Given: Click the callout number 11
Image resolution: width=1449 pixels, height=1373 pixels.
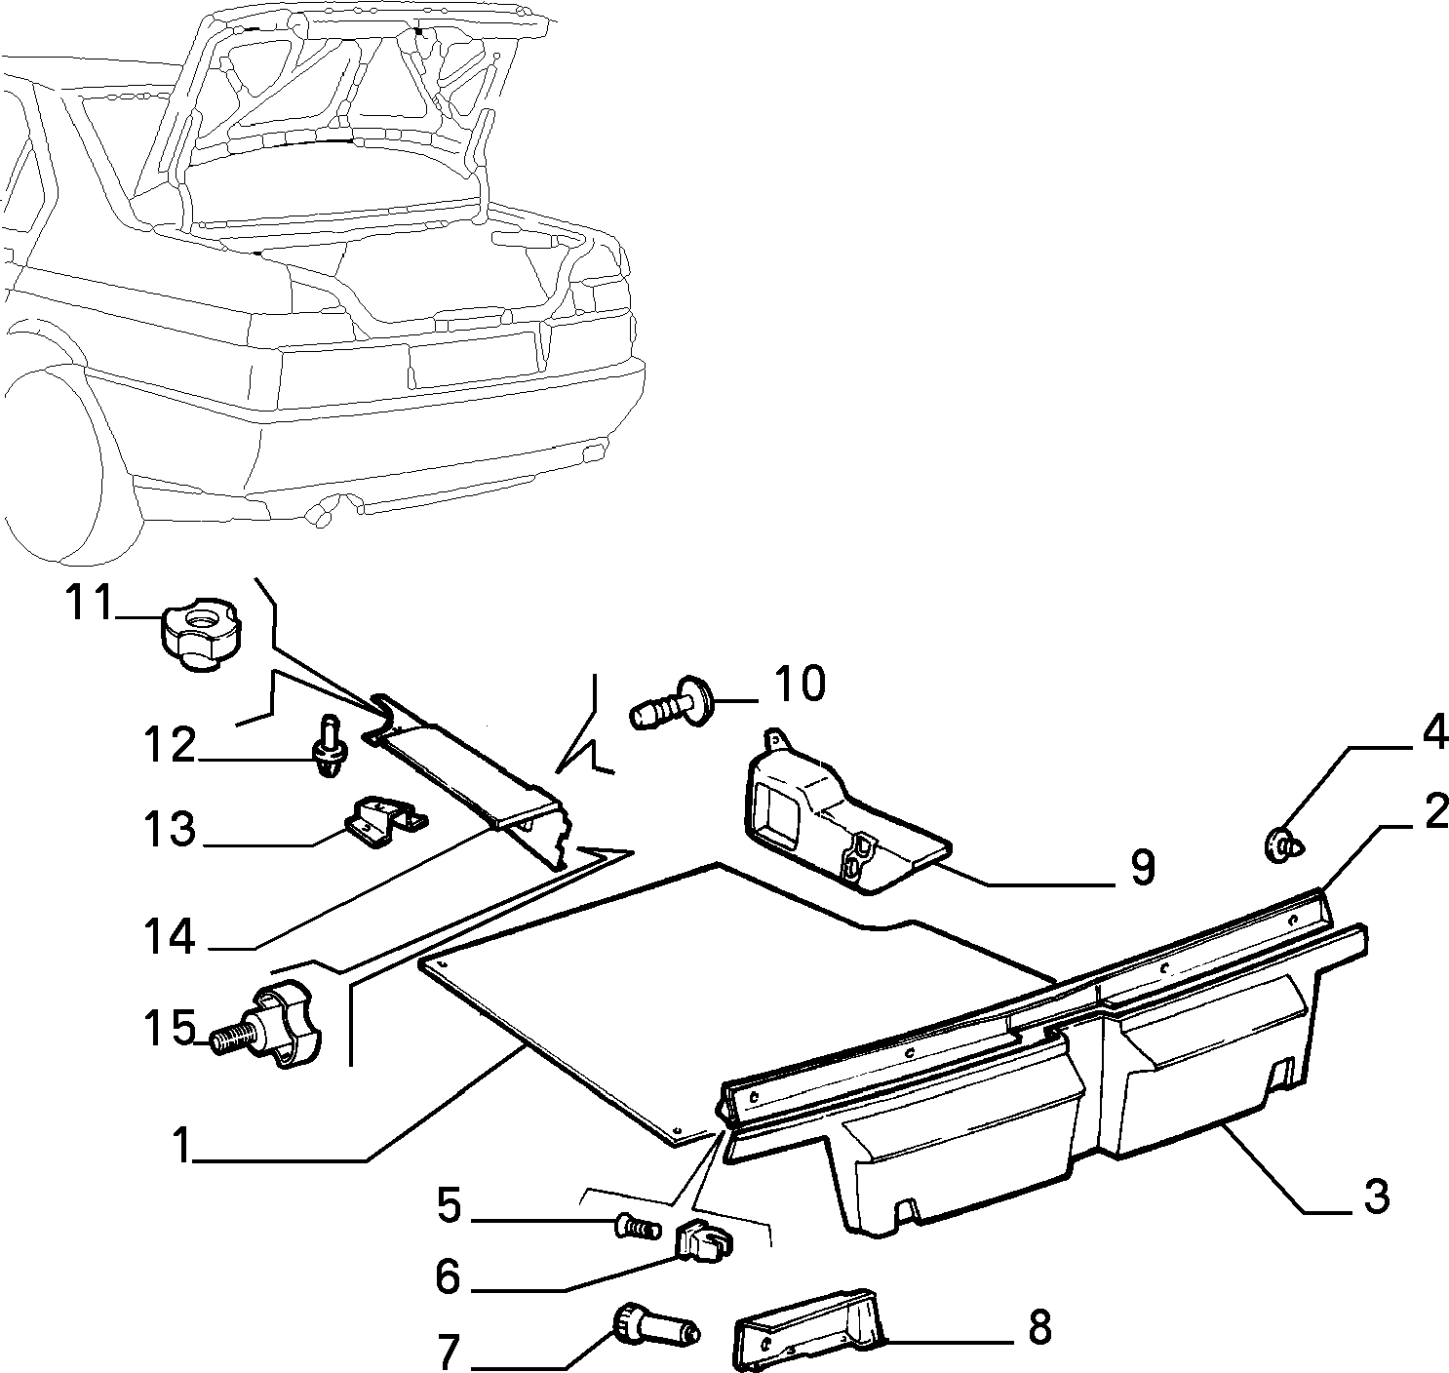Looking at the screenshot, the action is click(89, 603).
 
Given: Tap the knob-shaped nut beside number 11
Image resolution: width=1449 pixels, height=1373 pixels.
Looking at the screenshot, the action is click(201, 633).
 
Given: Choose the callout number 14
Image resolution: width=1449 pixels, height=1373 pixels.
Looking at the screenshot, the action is click(170, 936).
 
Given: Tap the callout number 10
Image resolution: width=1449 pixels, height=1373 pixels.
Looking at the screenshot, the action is click(800, 684).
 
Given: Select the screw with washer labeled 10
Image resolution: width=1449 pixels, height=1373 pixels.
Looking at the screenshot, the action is click(670, 703).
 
